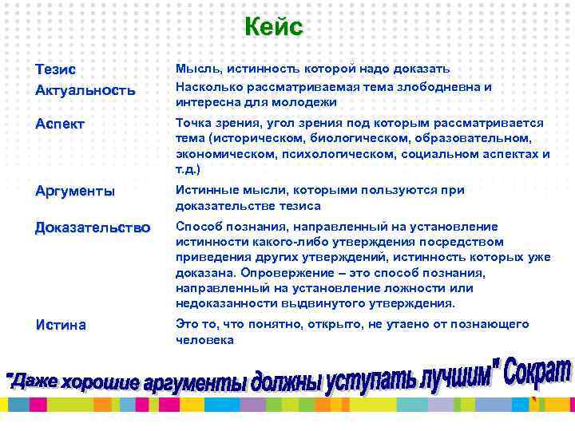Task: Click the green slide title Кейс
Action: pos(273,27)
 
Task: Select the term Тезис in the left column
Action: pos(56,70)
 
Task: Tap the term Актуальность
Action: pos(85,89)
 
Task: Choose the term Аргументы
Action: pos(75,191)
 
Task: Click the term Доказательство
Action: pos(92,227)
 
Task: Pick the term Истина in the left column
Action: pos(61,325)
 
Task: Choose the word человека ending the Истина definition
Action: pos(204,340)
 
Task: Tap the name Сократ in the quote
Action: pos(535,373)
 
